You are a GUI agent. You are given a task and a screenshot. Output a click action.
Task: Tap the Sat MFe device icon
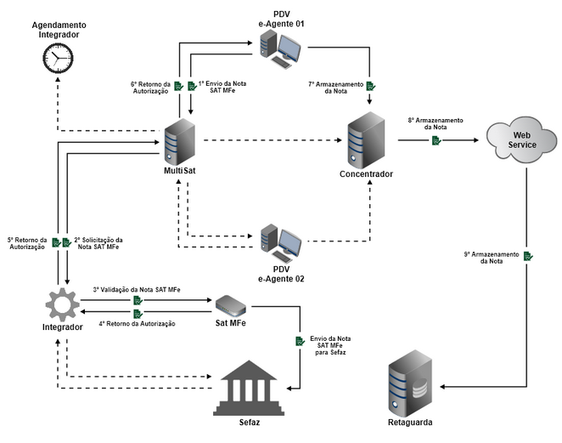[233, 305]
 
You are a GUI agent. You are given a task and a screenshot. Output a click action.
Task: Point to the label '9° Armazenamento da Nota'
[491, 258]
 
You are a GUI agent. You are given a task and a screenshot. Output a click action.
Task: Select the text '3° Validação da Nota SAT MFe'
[137, 290]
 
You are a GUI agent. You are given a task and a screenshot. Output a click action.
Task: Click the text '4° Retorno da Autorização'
[137, 324]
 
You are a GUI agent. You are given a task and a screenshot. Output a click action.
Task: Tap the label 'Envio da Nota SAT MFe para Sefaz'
[332, 346]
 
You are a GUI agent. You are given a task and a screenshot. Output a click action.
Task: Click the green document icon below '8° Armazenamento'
[436, 139]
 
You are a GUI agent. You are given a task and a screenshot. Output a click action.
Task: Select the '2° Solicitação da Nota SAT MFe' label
[98, 243]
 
